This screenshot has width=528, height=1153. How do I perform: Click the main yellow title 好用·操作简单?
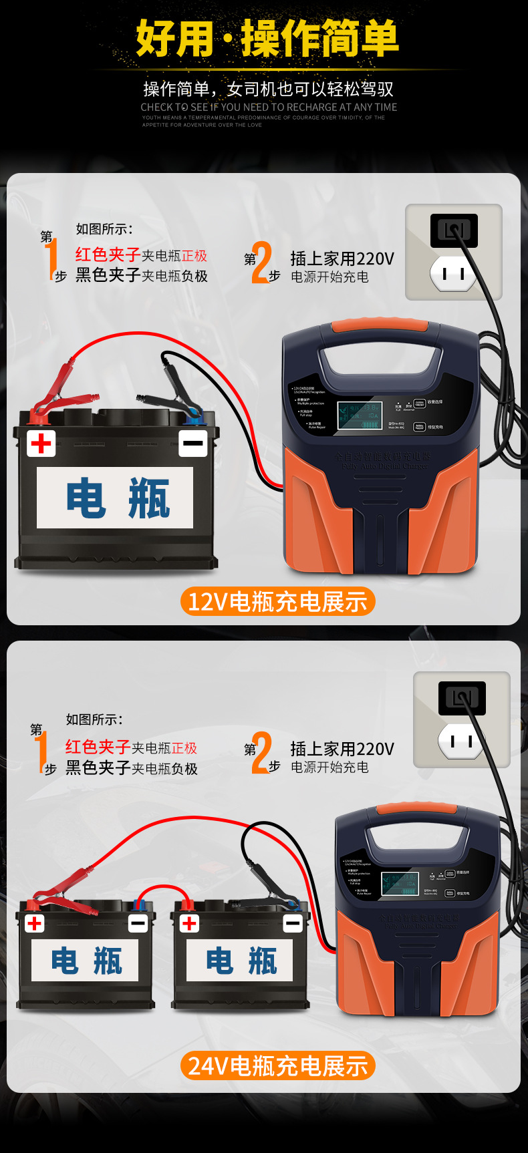coord(267,38)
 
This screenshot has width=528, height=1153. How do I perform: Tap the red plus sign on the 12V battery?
coord(41,443)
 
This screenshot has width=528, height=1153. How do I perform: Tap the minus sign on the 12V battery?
coord(193,443)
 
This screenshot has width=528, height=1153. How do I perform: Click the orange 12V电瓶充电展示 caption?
coord(277,601)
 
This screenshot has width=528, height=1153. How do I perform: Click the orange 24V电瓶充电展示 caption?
coord(277,1065)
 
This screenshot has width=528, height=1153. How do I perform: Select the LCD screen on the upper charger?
coord(359,416)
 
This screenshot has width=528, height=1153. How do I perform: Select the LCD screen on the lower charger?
coord(400,883)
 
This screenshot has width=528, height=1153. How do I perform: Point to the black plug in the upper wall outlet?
coord(454,230)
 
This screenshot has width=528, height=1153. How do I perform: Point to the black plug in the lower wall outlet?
coord(462,698)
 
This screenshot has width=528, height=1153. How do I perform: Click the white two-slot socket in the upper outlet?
coord(454,274)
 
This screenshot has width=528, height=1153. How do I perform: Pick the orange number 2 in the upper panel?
coord(261,263)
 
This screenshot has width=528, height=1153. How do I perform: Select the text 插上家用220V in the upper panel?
coord(342,259)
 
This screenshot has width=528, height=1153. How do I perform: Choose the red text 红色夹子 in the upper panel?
coord(107,255)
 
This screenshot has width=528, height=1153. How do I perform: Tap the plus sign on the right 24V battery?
coord(190,923)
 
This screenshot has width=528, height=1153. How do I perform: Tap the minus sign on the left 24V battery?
coord(138,923)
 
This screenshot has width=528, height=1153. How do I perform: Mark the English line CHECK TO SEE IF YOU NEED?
coord(269,107)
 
